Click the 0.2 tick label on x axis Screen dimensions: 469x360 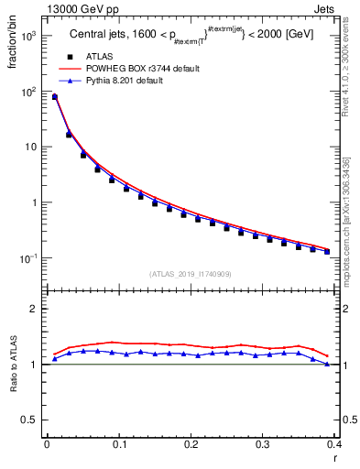[x=191, y=445]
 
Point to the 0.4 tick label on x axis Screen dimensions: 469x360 [x=334, y=445]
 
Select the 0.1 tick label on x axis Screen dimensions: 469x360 [x=119, y=445]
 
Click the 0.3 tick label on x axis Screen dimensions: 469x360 [x=263, y=445]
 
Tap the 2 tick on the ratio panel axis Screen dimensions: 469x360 [x=36, y=309]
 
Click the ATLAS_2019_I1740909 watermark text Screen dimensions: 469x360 [x=190, y=274]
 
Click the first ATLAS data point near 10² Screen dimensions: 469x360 [x=55, y=97]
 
